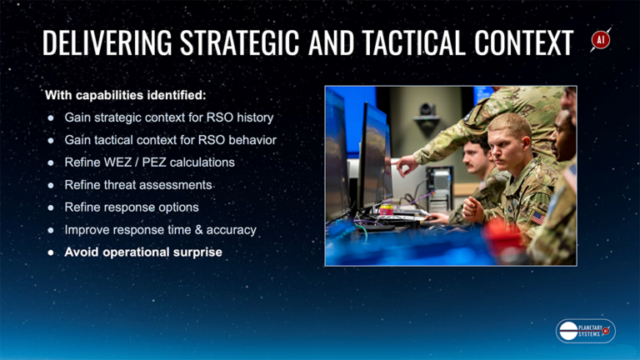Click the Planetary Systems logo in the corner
click(585, 331)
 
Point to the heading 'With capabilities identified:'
click(125, 95)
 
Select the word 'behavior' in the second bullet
click(248, 140)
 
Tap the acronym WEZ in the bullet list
click(120, 162)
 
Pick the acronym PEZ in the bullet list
click(153, 162)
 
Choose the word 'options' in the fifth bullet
click(177, 207)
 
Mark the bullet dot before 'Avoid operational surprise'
click(50, 252)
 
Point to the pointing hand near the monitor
click(406, 164)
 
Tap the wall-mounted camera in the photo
click(427, 112)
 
